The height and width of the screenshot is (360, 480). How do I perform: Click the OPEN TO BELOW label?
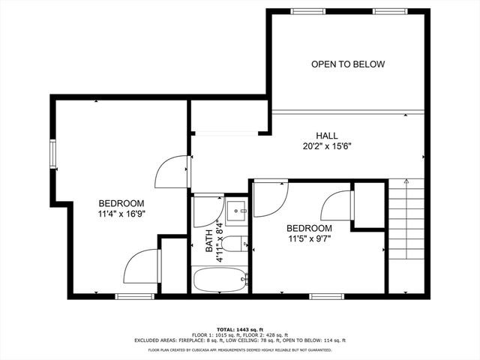(x=348, y=64)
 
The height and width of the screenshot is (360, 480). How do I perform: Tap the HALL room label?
(x=325, y=136)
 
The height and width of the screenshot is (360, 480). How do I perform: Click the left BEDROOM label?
(x=121, y=203)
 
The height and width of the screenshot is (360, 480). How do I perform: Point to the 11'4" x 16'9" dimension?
(x=121, y=214)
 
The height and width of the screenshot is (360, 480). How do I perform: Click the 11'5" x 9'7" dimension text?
(x=309, y=239)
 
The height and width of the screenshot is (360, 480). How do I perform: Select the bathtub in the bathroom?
(x=220, y=281)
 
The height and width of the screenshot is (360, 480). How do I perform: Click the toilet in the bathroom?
(x=236, y=244)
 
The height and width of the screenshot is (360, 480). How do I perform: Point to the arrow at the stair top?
(x=406, y=181)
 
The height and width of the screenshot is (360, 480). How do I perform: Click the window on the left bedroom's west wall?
(x=53, y=154)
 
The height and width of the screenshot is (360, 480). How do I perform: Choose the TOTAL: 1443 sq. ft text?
(x=240, y=328)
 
